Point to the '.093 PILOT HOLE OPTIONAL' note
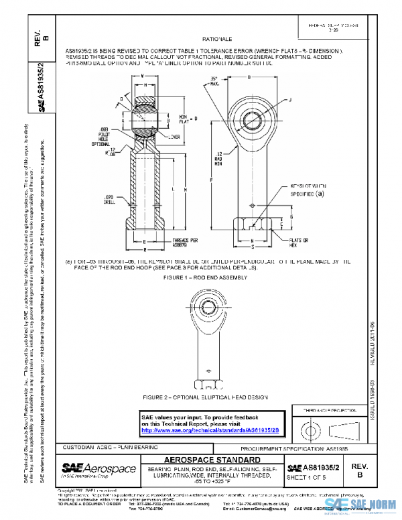coord(99,137)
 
